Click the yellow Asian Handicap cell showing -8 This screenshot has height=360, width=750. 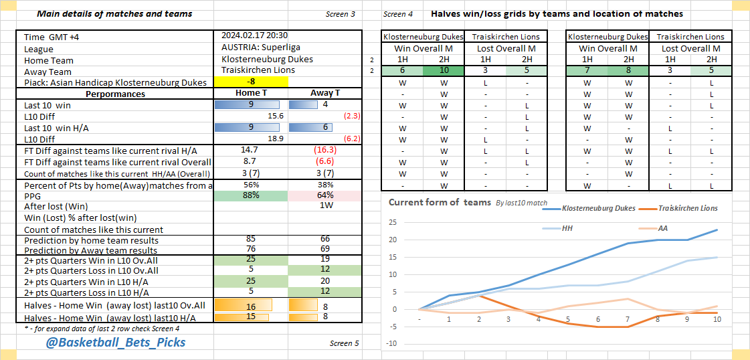(x=251, y=82)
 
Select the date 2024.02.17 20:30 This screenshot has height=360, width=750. (x=254, y=36)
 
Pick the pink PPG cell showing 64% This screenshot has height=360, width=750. (x=326, y=195)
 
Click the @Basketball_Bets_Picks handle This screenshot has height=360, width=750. (x=115, y=343)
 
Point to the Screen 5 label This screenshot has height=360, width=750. (x=344, y=343)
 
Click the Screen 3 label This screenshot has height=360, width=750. (x=341, y=14)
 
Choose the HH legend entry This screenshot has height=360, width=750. (x=567, y=228)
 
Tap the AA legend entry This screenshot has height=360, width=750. (x=662, y=228)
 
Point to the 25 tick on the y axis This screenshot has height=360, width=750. (x=393, y=223)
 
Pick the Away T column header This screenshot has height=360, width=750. (x=325, y=94)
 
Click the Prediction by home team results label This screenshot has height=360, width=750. (x=92, y=240)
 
